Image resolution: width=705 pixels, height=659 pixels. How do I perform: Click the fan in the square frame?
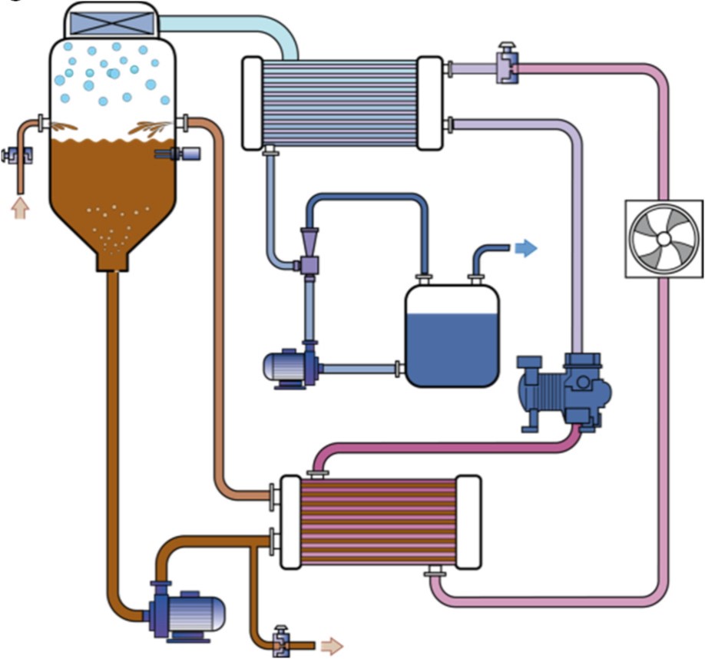pos(664,239)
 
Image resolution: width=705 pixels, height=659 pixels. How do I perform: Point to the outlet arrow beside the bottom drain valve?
pos(332,645)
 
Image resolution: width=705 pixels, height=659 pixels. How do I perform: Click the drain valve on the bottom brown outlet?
pos(280,640)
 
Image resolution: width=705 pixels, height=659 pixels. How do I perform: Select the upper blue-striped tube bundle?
pos(342,102)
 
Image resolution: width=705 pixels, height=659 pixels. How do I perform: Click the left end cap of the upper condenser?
pos(253,102)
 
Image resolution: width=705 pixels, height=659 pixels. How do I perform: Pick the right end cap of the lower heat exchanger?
pos(468,522)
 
